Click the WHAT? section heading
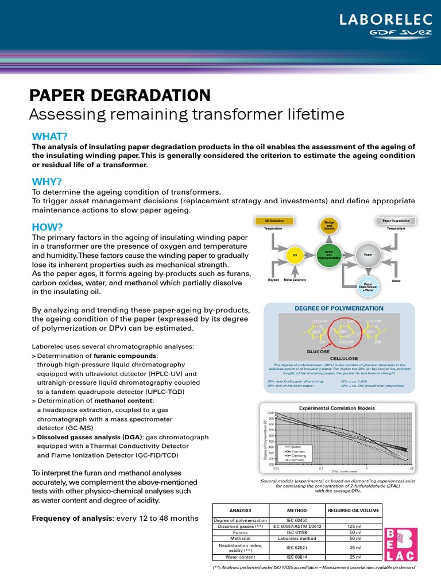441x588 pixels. coord(50,136)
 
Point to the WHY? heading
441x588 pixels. coord(47,181)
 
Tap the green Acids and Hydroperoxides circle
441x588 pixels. coord(329,254)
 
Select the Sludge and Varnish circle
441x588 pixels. coord(329,226)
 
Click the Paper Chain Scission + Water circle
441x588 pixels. coord(368,287)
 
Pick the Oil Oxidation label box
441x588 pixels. coord(274,220)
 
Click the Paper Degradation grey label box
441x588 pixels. coord(396,220)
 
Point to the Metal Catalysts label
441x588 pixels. coord(295,280)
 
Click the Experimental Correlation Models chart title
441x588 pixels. coord(336,408)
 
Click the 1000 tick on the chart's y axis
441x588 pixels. coord(270,413)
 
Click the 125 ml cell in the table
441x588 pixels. coord(355,526)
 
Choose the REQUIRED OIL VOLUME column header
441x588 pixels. coord(353,510)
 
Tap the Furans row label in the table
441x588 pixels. coord(241,532)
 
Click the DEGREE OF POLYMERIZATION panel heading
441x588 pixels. coord(339,308)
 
